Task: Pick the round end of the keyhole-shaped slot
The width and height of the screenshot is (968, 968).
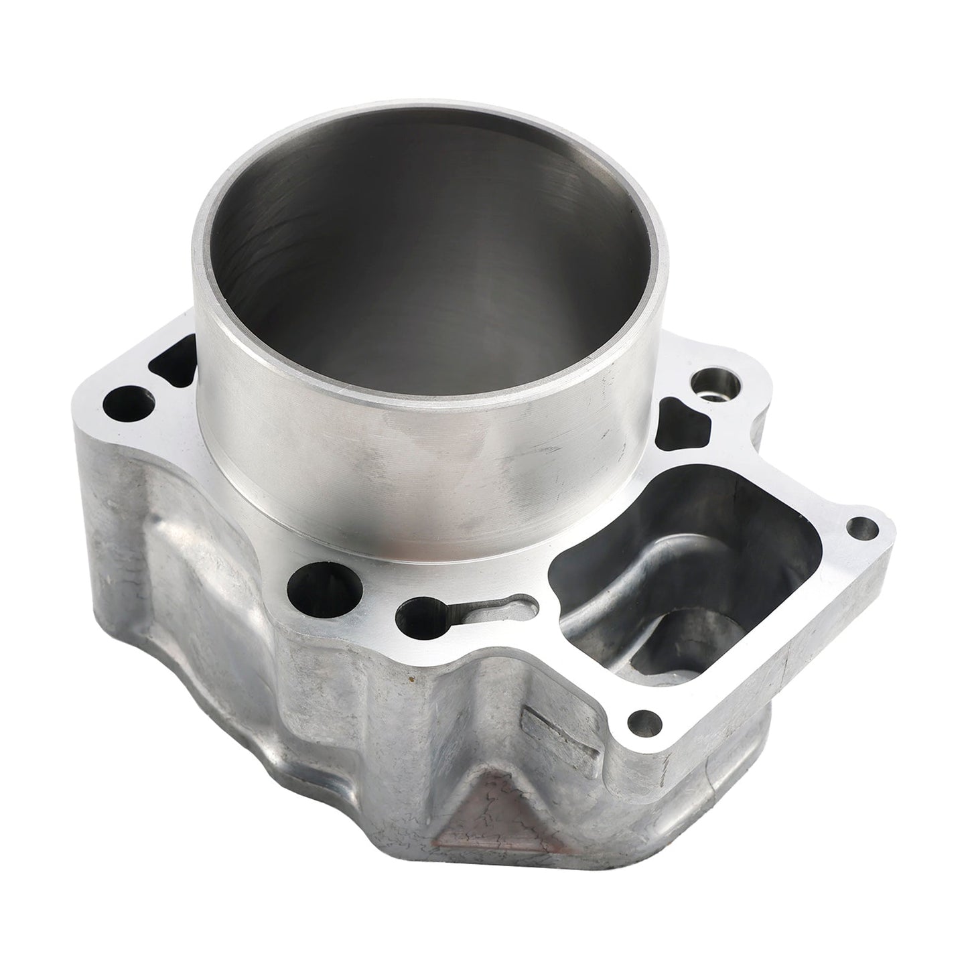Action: tap(416, 612)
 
